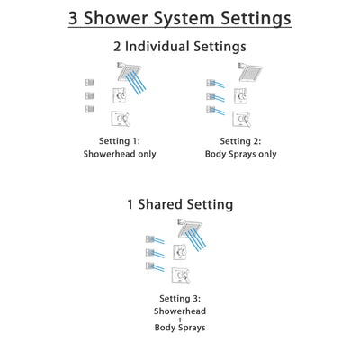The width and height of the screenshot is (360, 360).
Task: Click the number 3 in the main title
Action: (76, 17)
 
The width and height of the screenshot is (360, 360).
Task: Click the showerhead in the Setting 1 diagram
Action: (128, 71)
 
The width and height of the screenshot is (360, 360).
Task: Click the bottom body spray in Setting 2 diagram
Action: (211, 110)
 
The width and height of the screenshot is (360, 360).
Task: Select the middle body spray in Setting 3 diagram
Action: (150, 253)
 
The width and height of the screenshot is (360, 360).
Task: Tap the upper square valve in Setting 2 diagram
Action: (241, 94)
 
